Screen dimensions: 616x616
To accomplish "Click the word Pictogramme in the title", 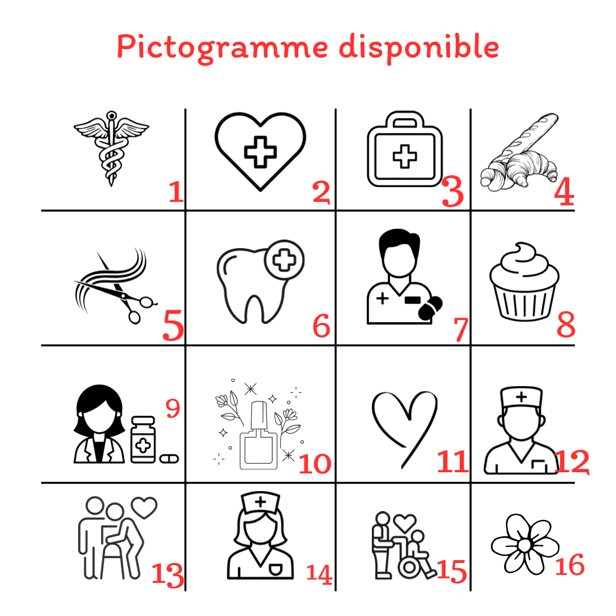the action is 222,48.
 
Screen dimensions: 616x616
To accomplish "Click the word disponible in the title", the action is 419,48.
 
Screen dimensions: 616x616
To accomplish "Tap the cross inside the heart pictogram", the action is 261,152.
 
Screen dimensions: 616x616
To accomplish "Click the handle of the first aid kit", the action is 405,118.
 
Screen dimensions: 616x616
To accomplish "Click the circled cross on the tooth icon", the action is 285,260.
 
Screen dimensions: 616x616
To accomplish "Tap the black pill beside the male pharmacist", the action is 430,309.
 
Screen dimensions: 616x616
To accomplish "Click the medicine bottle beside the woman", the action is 143,440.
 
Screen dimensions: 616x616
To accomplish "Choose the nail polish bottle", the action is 259,436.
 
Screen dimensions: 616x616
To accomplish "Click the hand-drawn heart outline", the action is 404,428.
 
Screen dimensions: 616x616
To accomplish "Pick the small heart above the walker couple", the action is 144,507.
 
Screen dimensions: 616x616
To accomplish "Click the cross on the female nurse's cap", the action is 261,502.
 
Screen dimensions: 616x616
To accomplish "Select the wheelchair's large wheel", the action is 410,567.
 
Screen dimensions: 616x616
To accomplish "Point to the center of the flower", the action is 525,545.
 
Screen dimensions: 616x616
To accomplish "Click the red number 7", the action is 461,329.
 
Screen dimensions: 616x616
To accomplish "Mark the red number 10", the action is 315,464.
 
